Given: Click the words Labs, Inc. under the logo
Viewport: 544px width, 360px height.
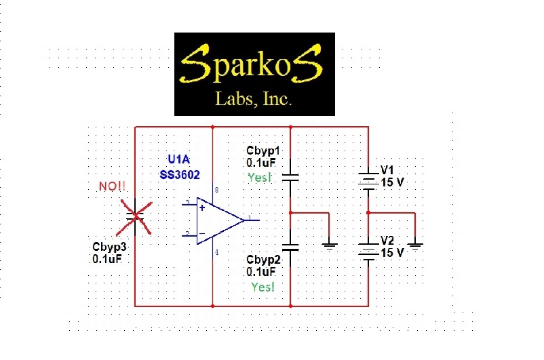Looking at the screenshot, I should click(254, 100).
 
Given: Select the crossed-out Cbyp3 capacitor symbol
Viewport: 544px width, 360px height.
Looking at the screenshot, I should click(136, 216).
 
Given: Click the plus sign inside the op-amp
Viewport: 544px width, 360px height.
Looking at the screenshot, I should click(202, 207).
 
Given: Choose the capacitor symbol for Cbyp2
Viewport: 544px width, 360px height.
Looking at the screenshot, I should click(290, 248).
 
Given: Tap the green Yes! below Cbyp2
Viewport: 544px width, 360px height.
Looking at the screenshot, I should click(263, 287).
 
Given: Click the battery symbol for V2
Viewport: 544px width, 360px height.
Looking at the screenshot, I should click(368, 250).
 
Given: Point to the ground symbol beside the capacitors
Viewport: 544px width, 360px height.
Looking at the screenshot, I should click(329, 245).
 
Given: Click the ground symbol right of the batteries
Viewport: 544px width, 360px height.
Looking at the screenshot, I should click(415, 245).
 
